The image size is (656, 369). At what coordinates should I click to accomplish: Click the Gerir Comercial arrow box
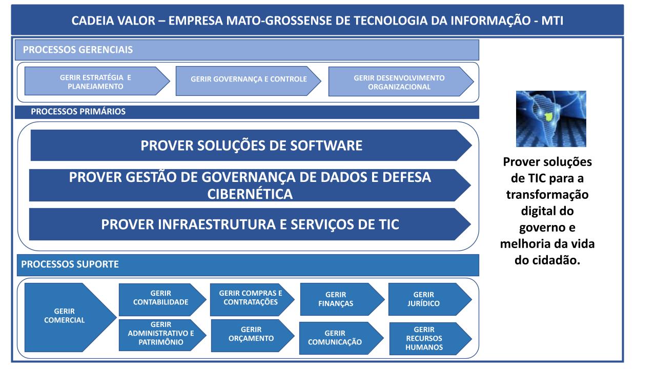click(x=67, y=317)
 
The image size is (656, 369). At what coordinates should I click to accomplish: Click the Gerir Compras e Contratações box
click(x=252, y=300)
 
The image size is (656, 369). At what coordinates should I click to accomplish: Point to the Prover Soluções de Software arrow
click(x=251, y=145)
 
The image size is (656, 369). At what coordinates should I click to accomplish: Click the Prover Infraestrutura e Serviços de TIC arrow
click(x=250, y=224)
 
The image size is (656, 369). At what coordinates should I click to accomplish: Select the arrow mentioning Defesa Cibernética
click(x=250, y=185)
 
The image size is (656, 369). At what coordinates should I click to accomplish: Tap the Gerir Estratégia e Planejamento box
click(x=97, y=81)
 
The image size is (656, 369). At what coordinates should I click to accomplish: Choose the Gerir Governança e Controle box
click(x=248, y=81)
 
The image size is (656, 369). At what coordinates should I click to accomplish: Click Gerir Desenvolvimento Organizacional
click(x=401, y=81)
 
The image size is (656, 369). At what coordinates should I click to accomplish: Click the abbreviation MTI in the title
click(x=552, y=20)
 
